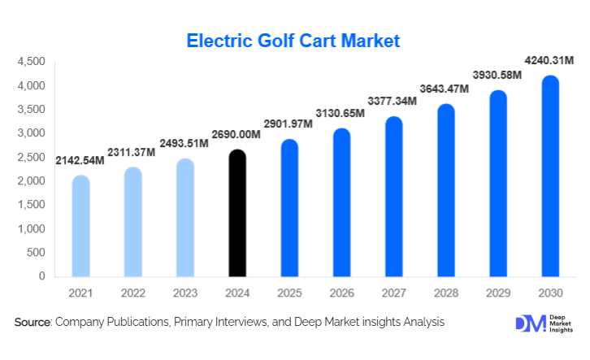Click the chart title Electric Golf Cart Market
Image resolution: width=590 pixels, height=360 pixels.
293,41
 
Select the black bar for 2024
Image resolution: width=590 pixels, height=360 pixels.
236,213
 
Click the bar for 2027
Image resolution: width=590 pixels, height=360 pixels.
393,196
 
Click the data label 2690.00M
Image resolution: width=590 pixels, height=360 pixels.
236,134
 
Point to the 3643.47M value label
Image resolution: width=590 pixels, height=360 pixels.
444,88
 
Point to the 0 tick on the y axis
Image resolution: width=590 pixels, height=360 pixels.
41,276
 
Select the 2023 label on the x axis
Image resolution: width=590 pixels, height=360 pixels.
184,292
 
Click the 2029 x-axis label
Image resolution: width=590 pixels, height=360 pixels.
497,292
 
